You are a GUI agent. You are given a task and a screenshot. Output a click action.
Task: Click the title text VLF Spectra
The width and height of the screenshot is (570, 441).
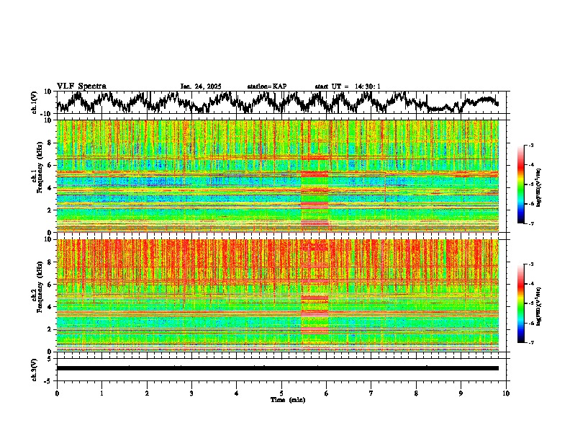click(x=81, y=86)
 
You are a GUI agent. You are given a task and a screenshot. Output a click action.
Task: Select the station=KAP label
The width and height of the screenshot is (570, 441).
click(x=266, y=86)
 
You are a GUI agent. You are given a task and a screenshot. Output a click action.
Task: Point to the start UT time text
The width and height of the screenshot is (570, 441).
click(x=347, y=86)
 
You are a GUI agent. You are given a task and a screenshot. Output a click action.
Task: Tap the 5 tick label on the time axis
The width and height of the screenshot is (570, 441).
click(x=281, y=393)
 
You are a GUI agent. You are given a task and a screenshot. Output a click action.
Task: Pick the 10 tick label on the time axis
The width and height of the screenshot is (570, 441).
click(x=506, y=393)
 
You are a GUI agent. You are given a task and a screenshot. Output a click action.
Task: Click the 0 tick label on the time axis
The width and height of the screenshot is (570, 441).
click(x=57, y=393)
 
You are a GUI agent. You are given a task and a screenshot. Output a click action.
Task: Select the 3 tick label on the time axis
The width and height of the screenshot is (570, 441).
click(x=191, y=393)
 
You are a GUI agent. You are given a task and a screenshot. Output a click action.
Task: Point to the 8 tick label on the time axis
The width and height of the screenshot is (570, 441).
click(x=416, y=393)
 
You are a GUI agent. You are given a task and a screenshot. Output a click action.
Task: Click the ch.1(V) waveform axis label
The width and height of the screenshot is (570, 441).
click(x=35, y=102)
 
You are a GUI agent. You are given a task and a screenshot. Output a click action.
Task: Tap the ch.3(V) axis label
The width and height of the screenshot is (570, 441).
click(x=35, y=368)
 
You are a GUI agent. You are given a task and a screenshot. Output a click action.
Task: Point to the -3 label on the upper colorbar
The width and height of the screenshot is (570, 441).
click(x=530, y=146)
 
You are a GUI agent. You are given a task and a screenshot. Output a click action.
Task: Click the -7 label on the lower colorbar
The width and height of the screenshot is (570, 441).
click(x=530, y=343)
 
